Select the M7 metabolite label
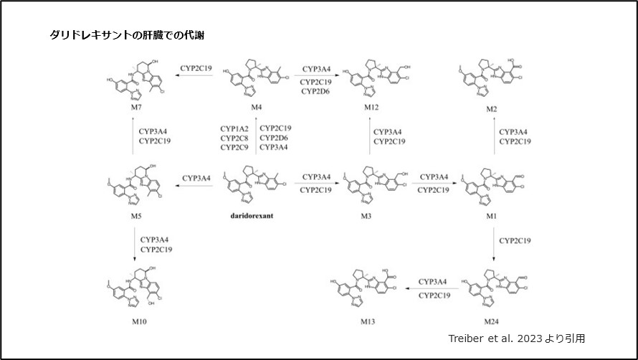point(135,106)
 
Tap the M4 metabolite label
point(255,106)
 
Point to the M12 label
point(373,106)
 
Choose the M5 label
point(135,214)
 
